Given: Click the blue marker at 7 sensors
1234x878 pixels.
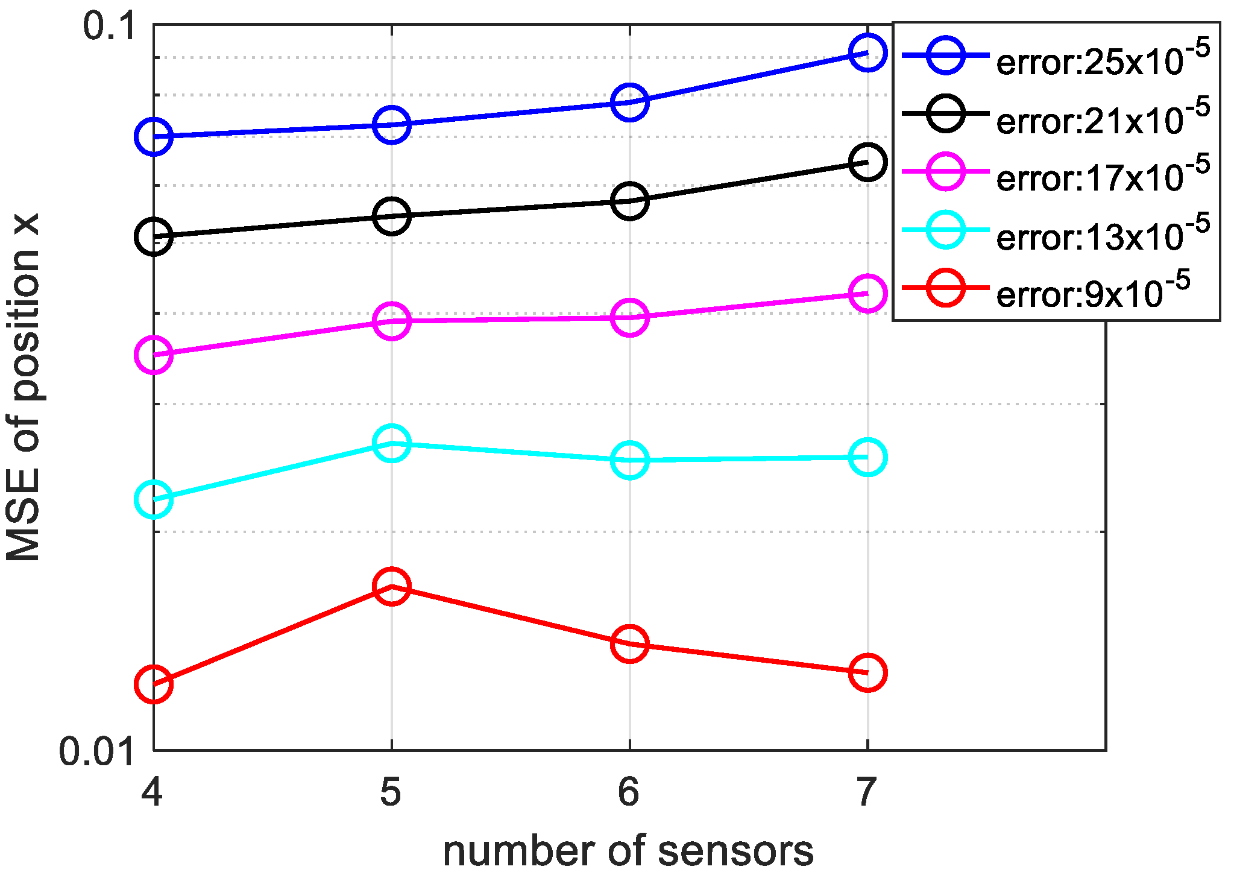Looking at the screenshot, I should (x=867, y=53).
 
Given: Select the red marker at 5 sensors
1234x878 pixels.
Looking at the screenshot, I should (x=391, y=586).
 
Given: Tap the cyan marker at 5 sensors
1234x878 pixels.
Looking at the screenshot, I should (x=391, y=443).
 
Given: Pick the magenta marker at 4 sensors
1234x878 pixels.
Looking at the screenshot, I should (x=154, y=355).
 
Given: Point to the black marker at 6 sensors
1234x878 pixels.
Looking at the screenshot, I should (x=629, y=201).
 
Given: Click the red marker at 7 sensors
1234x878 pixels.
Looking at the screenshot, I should (x=867, y=672).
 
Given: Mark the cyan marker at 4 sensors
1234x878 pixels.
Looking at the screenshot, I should (x=154, y=499).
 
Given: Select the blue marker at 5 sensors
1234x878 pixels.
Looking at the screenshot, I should (x=391, y=125).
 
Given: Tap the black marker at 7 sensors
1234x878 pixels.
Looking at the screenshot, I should (x=867, y=162).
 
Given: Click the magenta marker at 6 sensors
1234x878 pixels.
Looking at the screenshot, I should (x=629, y=317).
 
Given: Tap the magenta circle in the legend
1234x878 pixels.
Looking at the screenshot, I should (x=945, y=171).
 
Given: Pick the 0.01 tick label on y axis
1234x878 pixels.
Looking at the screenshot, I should (x=96, y=751).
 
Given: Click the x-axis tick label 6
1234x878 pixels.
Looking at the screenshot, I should (x=628, y=792).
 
